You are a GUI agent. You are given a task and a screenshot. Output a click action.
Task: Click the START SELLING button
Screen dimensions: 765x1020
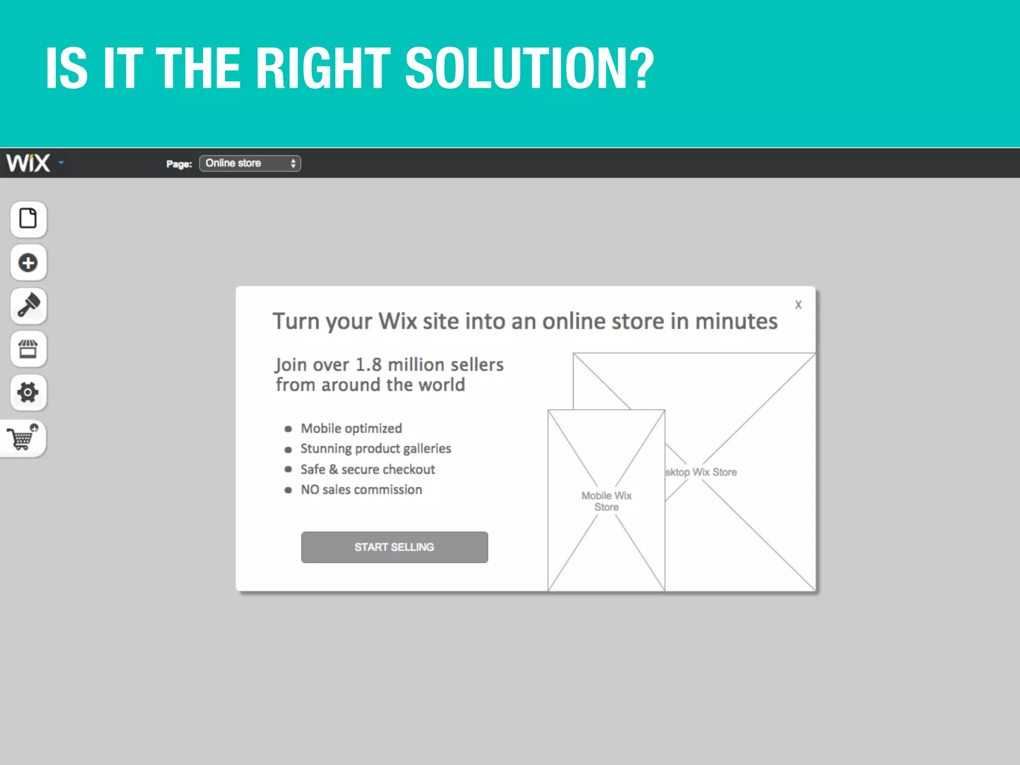(x=394, y=547)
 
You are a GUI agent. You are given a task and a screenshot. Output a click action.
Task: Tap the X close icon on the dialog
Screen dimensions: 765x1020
(x=798, y=305)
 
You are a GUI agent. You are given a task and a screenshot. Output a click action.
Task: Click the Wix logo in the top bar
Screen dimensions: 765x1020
(x=28, y=163)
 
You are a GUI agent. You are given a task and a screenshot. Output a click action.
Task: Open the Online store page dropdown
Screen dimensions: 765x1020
(x=250, y=163)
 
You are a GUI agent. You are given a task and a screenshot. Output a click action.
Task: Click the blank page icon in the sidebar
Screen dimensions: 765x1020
(x=28, y=219)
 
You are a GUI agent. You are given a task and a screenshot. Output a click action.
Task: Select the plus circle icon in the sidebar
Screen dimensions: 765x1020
(x=28, y=262)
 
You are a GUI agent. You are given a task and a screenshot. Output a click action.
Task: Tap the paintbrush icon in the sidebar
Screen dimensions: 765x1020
(x=28, y=305)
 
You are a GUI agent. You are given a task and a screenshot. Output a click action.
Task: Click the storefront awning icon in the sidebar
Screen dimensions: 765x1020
(x=28, y=349)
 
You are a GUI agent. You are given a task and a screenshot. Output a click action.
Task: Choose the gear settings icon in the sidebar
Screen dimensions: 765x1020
(x=28, y=392)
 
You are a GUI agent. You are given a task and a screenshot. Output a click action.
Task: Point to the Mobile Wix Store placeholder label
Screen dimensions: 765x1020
(x=606, y=501)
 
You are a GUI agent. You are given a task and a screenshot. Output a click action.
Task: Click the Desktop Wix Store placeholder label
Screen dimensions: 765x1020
(x=701, y=472)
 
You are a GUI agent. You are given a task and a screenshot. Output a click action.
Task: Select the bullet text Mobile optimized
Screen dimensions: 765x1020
(x=351, y=428)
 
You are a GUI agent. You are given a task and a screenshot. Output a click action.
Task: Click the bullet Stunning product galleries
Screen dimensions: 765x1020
(x=376, y=449)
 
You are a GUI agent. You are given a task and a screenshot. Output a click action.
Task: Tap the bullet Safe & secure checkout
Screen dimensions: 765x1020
(x=368, y=469)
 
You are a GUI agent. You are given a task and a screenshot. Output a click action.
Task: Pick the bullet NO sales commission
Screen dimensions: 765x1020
(x=361, y=490)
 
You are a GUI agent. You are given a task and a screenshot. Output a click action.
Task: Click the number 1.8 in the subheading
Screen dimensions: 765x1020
(x=369, y=365)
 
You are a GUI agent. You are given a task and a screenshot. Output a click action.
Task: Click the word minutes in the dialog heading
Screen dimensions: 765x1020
(x=736, y=321)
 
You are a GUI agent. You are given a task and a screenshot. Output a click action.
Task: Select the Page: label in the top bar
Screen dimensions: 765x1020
(x=179, y=164)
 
